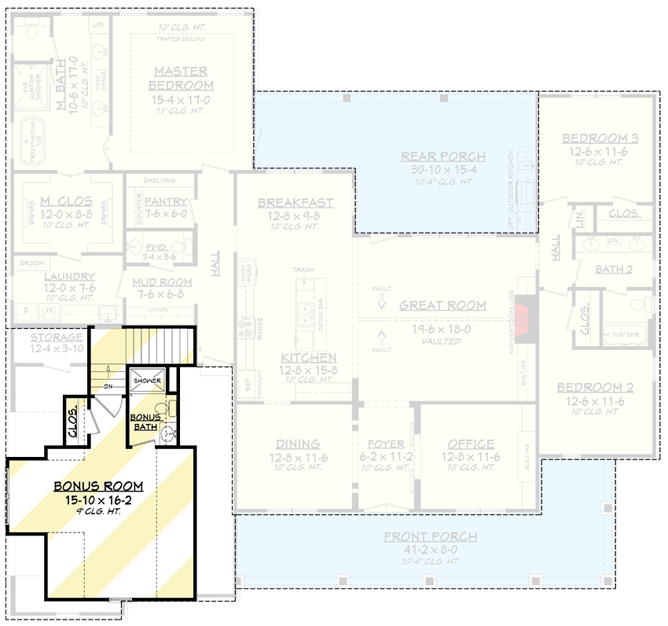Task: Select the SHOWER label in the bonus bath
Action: (x=147, y=381)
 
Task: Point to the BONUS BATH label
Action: (x=145, y=421)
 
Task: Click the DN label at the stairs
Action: (x=109, y=386)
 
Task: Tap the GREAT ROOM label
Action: (x=442, y=305)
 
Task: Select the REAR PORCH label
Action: (x=443, y=156)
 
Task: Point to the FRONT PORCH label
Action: (x=431, y=537)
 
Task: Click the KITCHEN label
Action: (x=298, y=358)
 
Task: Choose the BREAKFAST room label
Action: (x=295, y=203)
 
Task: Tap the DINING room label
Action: (x=297, y=444)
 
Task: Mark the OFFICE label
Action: (x=471, y=444)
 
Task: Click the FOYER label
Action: (x=386, y=444)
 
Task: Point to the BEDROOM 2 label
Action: (x=595, y=388)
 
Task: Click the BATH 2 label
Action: (x=614, y=270)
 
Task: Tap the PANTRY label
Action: (x=167, y=202)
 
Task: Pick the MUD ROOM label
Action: (x=163, y=282)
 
